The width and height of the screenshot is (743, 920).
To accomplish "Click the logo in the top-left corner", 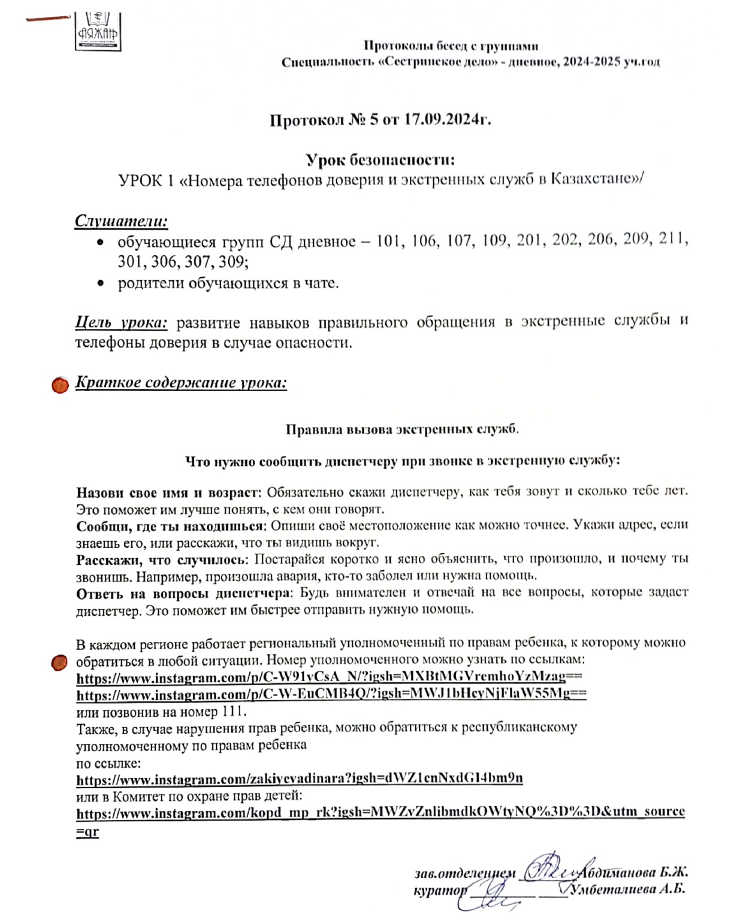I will [98, 31].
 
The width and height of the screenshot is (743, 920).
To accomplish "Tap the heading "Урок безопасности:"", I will [380, 160].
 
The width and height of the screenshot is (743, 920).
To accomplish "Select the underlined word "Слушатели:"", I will [121, 221].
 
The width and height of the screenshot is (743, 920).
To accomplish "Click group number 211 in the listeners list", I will [672, 239].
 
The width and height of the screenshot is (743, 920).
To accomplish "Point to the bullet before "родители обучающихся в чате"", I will [101, 283].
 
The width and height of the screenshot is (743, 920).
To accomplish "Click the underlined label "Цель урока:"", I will [121, 322].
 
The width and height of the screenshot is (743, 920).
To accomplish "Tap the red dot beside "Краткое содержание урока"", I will [60, 385].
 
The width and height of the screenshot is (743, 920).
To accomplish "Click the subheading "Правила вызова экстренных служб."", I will [402, 429].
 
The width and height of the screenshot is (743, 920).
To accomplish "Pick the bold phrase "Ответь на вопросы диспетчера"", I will [183, 594].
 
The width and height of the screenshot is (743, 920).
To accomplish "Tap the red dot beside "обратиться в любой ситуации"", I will [59, 663].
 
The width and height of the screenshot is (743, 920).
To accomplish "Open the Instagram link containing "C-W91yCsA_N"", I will [329, 677].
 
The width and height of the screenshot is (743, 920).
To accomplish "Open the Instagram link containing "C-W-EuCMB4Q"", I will [331, 694].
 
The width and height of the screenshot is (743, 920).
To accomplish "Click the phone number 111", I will [233, 712].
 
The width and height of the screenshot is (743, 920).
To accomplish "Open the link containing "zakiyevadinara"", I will [299, 779].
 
